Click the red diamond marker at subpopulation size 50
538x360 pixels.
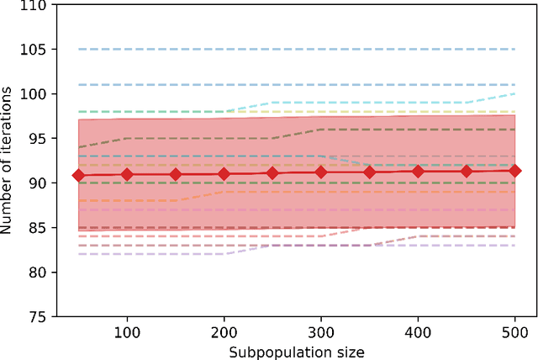click(x=78, y=175)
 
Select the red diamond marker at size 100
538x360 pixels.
click(x=127, y=174)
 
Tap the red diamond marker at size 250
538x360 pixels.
click(x=272, y=172)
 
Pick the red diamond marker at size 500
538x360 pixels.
click(x=514, y=171)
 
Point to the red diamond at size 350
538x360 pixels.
click(x=369, y=172)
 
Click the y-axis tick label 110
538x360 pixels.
click(x=35, y=5)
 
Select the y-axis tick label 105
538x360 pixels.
click(x=35, y=50)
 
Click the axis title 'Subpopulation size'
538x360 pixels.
click(x=297, y=351)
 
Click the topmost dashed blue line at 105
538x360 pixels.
click(x=294, y=49)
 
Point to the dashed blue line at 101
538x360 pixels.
click(x=294, y=85)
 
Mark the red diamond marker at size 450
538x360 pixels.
click(x=467, y=171)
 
